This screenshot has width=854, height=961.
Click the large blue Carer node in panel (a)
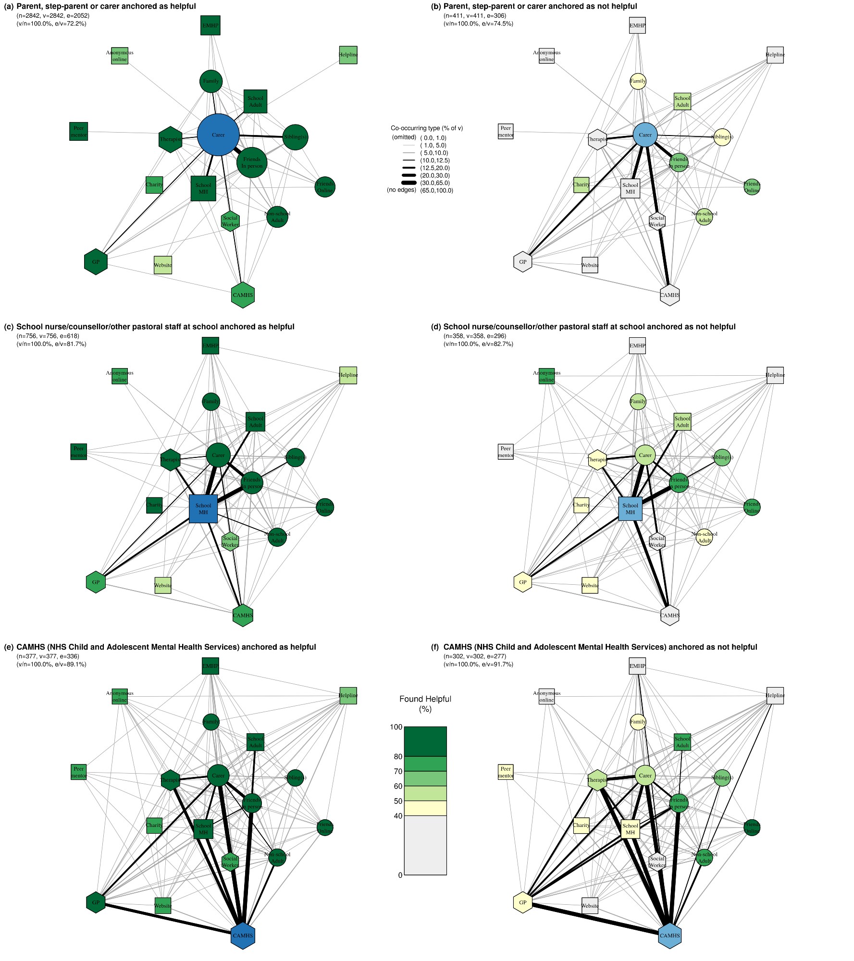pyautogui.click(x=218, y=135)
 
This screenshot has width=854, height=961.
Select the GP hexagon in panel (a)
pyautogui.click(x=96, y=262)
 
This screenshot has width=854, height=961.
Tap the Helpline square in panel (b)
pyautogui.click(x=775, y=55)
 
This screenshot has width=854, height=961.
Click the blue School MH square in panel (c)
pyautogui.click(x=203, y=509)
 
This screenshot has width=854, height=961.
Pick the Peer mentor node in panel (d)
pyautogui.click(x=506, y=452)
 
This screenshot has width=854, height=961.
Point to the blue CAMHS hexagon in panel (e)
pyautogui.click(x=243, y=936)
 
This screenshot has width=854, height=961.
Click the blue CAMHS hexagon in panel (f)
pyautogui.click(x=669, y=936)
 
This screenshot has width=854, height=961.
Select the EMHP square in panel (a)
pyautogui.click(x=210, y=25)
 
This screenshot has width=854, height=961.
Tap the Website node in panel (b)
pyautogui.click(x=590, y=265)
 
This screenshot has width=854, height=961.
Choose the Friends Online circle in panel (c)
pyautogui.click(x=325, y=507)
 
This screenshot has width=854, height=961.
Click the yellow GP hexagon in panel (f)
pyautogui.click(x=522, y=902)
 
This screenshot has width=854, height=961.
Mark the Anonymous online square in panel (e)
pyautogui.click(x=120, y=696)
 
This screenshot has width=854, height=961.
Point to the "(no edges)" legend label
pyautogui.click(x=402, y=190)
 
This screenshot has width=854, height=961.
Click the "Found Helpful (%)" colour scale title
pyautogui.click(x=425, y=704)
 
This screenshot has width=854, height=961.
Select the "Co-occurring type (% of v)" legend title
pyautogui.click(x=426, y=128)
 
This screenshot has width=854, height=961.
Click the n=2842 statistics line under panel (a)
pyautogui.click(x=53, y=16)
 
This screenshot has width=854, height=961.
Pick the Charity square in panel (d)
pyautogui.click(x=581, y=505)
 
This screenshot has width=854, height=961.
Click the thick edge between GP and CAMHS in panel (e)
pyautogui.click(x=168, y=919)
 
